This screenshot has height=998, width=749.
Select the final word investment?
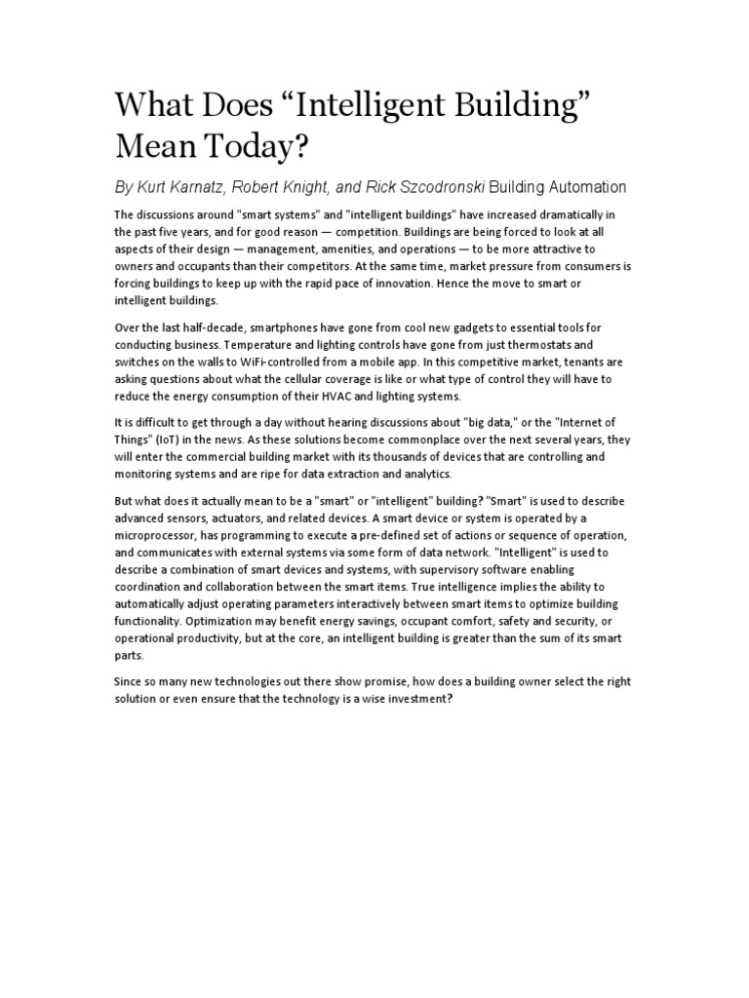tap(421, 699)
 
